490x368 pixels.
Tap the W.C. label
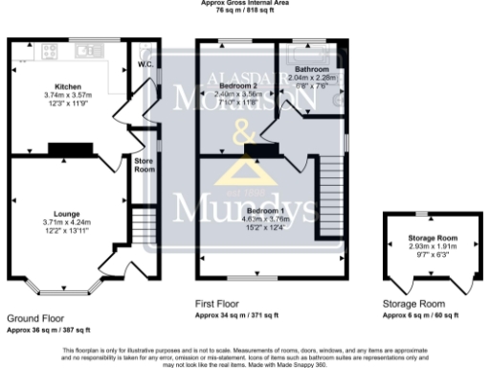pos(145,65)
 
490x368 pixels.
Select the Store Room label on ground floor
pos(144,166)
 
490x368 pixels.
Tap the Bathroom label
pos(312,70)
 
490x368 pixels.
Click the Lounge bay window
pos(65,286)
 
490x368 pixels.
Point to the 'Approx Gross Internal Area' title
pos(244,3)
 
